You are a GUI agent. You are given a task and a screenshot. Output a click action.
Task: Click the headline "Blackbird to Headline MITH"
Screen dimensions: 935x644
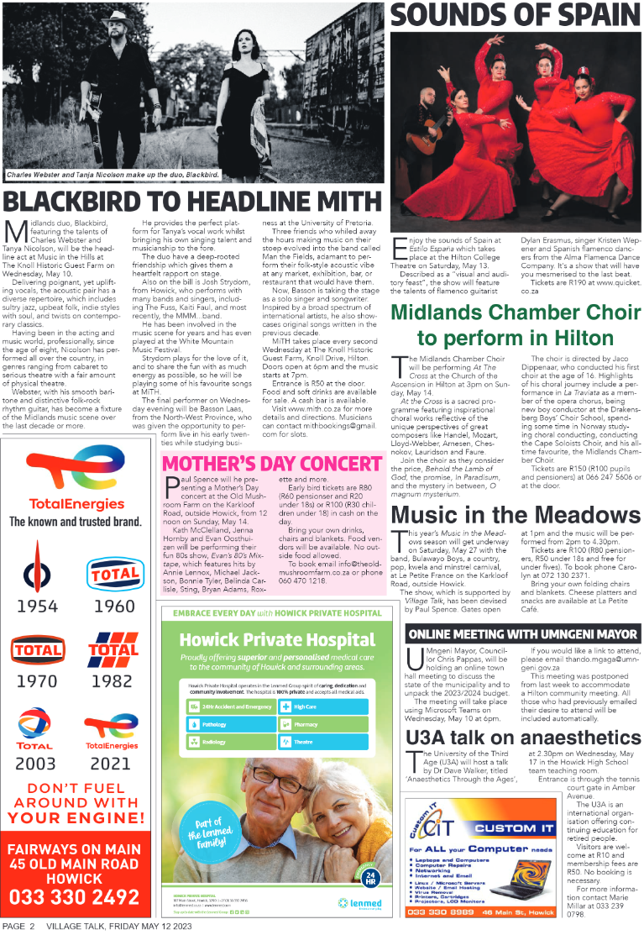193,202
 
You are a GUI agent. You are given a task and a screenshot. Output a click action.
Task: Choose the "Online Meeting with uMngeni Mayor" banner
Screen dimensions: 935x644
522,633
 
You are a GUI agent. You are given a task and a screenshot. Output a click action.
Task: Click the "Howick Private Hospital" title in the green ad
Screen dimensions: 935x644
275,638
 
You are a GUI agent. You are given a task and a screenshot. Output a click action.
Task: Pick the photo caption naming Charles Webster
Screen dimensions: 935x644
113,175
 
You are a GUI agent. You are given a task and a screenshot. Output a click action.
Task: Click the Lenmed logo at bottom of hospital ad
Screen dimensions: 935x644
353,902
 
